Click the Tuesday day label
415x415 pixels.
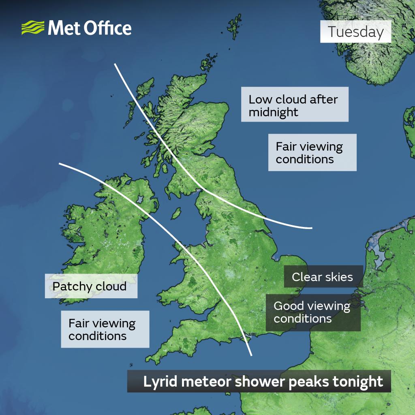point(355,32)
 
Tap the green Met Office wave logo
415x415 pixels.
point(33,28)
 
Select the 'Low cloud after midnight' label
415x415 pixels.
point(295,105)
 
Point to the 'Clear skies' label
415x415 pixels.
point(323,277)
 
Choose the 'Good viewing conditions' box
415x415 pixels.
point(313,312)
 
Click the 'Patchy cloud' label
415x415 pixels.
point(90,287)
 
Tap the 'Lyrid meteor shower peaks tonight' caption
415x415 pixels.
point(259,381)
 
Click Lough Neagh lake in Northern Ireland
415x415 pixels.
point(140,199)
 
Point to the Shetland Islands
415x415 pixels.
point(234,27)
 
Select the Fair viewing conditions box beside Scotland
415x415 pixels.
point(312,152)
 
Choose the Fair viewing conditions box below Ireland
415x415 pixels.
point(105,329)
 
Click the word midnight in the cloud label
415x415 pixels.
point(274,112)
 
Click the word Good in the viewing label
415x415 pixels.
point(287,306)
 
